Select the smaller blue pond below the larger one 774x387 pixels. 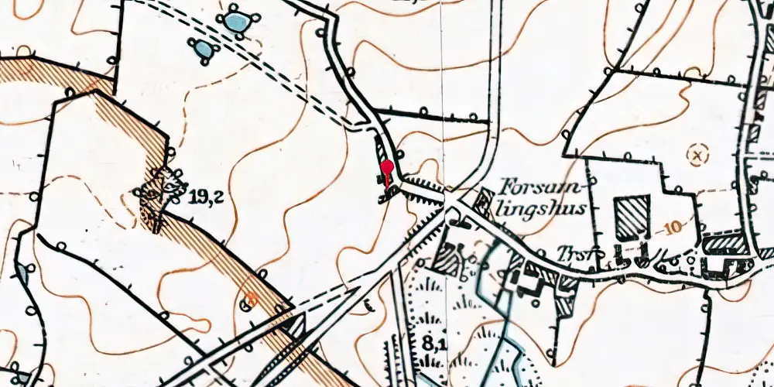coord(204,50)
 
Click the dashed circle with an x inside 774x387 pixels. coord(698,156)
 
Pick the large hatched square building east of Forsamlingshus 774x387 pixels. coord(631,216)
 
